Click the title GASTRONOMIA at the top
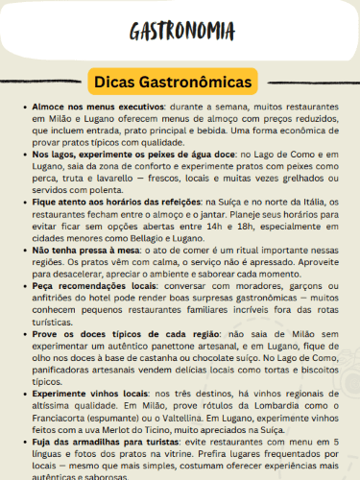tap(180, 31)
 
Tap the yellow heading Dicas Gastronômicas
tap(180, 81)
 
